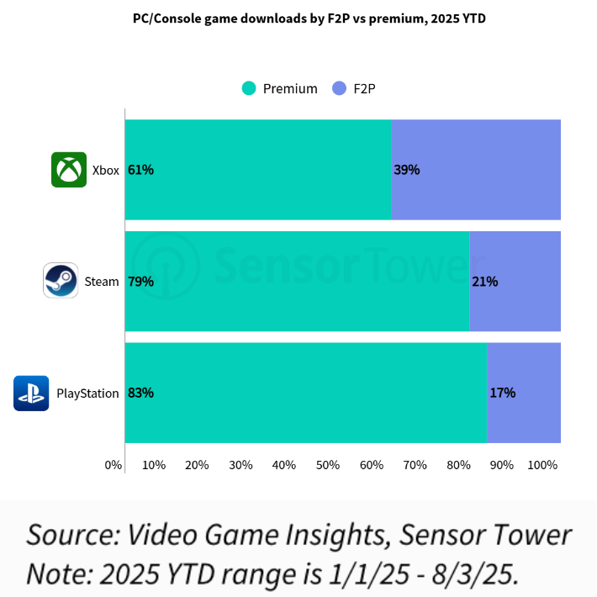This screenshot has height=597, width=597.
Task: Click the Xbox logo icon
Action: tap(69, 170)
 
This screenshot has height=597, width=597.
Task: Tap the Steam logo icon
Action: tap(61, 281)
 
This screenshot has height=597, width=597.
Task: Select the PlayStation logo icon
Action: tap(31, 393)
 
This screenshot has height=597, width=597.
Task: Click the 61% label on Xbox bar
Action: tap(140, 170)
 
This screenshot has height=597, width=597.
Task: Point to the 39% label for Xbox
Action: tap(407, 170)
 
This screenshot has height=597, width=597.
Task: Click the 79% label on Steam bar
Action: tap(140, 282)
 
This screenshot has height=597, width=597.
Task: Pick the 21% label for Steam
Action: tap(485, 282)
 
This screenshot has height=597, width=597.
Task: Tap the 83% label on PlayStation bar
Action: tap(140, 393)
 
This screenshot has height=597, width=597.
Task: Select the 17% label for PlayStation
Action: tap(502, 393)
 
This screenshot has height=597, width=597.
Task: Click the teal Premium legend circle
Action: tap(248, 88)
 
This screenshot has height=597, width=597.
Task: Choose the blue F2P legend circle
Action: tap(339, 88)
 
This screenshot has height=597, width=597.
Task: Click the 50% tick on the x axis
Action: tap(328, 465)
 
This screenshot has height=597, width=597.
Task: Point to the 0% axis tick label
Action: tap(114, 465)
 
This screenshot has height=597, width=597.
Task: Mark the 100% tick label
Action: tap(542, 465)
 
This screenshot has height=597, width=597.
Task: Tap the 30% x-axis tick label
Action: tap(240, 465)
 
